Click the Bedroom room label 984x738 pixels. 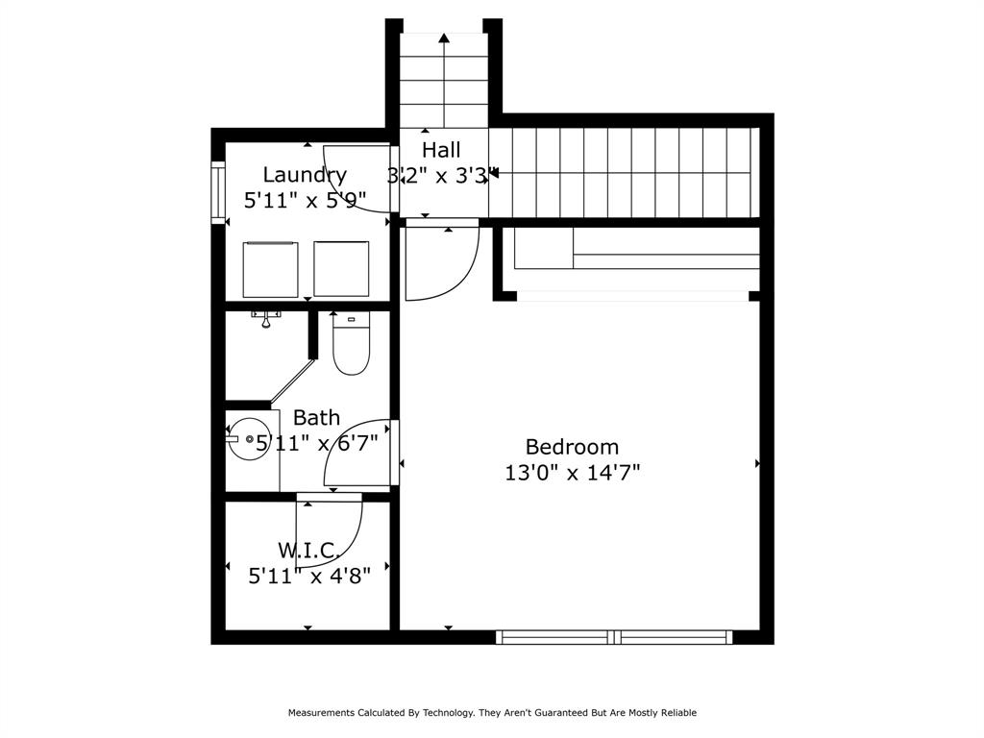point(572,447)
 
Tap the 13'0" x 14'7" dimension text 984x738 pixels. point(573,472)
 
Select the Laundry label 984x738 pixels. point(305,175)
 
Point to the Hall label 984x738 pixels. point(441,150)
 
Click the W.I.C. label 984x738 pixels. point(310,551)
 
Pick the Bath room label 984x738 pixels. point(316,417)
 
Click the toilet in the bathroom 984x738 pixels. point(351,343)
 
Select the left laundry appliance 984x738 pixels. point(270,269)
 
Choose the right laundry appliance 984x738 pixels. point(341,269)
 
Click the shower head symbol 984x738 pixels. point(266,320)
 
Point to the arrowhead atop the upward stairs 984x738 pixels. point(444,37)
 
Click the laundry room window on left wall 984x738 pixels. point(218,192)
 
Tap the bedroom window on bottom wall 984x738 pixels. point(614,637)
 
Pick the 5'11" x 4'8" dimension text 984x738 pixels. point(309,576)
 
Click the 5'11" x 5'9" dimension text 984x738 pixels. point(305,201)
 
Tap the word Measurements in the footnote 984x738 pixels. point(321,712)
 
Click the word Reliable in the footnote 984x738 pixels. point(678,712)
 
